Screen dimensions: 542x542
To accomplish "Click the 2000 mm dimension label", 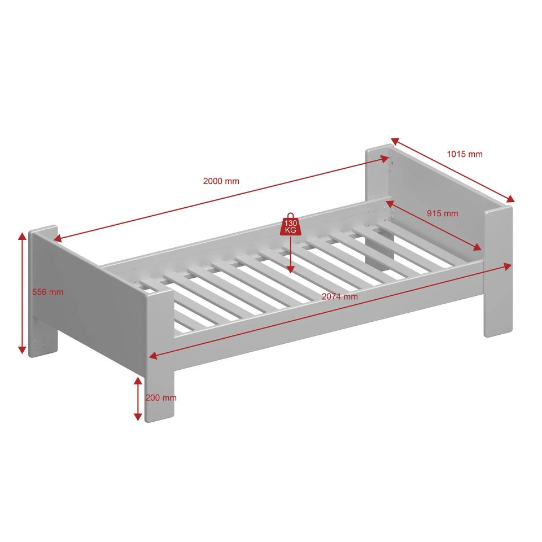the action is pos(221,181).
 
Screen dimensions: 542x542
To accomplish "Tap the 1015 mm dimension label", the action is pos(465,154).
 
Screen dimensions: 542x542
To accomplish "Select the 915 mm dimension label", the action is pos(442,213).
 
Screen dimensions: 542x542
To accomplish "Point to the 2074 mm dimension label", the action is pos(340,296).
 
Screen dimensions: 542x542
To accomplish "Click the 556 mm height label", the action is pos(47,292).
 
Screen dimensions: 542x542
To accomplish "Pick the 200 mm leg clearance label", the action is pos(161,397).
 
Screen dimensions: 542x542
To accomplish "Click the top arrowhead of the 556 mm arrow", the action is pos(22,237).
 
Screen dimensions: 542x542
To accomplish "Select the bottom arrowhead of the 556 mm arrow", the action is pos(22,349).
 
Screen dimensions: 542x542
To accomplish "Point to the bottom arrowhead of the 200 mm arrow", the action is pos(138,417).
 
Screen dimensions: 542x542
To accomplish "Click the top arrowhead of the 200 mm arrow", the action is pos(138,381).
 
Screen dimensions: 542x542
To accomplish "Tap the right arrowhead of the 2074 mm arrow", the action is pos(507,266).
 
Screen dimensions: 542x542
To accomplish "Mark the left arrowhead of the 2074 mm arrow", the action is pos(153,355).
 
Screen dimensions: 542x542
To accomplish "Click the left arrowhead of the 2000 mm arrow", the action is pos(58,238).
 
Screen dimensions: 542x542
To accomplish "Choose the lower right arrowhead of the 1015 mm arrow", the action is pos(510,199).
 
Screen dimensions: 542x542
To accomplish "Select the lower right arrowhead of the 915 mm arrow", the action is pos(477,247).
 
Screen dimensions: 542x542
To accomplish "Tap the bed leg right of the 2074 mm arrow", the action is pos(498,272).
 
